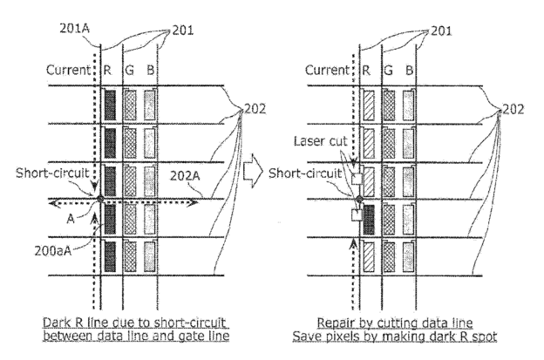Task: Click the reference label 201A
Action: [x=75, y=29]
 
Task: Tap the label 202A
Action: [x=185, y=176]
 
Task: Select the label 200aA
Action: [x=52, y=251]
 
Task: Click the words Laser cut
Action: [x=320, y=141]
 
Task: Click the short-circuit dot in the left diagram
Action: [x=100, y=199]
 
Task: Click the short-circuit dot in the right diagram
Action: [x=359, y=199]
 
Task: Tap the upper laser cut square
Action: [x=357, y=179]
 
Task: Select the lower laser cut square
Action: [x=357, y=215]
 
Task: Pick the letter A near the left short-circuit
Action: [x=71, y=219]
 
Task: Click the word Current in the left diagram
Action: [x=68, y=70]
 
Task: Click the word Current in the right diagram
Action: [x=327, y=70]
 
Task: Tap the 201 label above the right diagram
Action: [x=441, y=31]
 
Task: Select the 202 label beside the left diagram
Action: [x=255, y=109]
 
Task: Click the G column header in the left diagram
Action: [x=129, y=71]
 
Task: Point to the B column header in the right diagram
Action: [x=410, y=71]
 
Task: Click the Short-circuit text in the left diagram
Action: [x=52, y=173]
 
